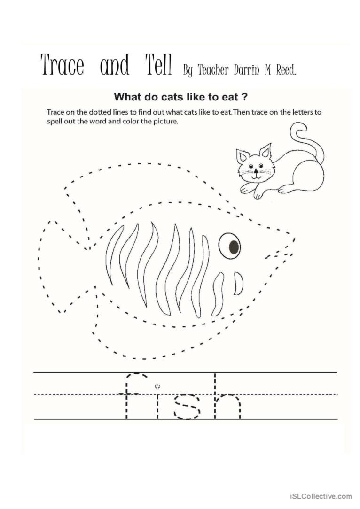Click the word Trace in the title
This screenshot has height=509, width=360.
[x=62, y=65]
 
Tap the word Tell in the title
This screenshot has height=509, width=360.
[x=156, y=65]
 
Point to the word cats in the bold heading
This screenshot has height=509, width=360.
[x=168, y=98]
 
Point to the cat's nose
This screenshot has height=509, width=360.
[x=254, y=171]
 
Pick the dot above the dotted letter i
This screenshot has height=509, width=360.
[x=157, y=386]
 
